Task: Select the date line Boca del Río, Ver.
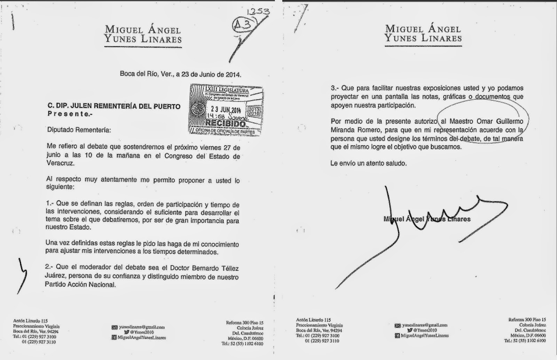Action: (180, 74)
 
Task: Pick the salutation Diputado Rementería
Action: (74, 130)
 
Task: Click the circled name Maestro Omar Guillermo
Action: (488, 122)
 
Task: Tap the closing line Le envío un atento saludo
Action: (368, 163)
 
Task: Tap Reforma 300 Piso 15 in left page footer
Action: (244, 322)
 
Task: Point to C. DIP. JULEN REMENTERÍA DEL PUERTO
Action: (113, 106)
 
